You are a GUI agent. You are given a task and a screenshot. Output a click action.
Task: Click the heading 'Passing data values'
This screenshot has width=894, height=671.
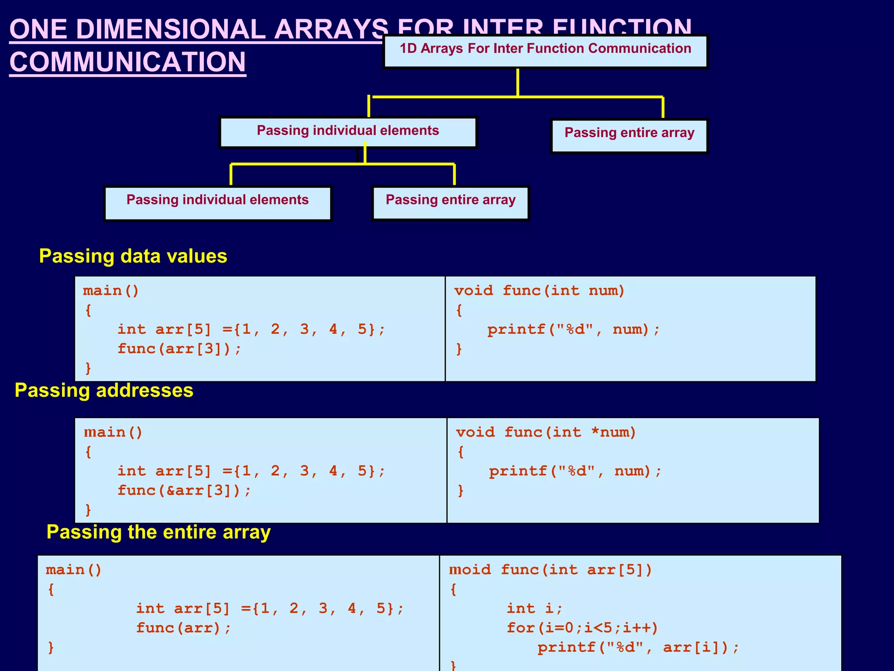point(133,256)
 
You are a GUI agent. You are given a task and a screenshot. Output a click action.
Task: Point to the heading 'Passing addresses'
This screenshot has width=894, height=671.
point(104,390)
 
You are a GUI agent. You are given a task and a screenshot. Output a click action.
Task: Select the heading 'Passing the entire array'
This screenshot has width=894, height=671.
point(158,532)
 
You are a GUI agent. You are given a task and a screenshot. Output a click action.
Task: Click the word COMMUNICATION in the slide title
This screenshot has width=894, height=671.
point(127,62)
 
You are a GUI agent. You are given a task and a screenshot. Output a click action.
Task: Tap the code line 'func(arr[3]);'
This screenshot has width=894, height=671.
point(179,349)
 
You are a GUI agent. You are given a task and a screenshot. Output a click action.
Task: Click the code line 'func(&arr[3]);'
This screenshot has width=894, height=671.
point(184,490)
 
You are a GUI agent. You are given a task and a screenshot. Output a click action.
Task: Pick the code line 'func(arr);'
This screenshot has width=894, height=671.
point(183,628)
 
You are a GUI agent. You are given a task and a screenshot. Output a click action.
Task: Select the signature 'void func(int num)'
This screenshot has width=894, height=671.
point(539,291)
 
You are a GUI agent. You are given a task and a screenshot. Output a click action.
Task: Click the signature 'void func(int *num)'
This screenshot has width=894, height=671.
point(546,432)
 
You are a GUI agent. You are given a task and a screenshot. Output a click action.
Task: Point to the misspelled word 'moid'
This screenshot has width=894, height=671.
point(470,570)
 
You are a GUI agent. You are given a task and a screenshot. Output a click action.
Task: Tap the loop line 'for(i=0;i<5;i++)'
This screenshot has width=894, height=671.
point(582,628)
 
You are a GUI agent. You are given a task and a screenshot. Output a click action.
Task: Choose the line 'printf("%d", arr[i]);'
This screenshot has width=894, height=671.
point(638,647)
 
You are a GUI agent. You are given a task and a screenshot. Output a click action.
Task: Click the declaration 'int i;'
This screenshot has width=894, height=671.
point(535,608)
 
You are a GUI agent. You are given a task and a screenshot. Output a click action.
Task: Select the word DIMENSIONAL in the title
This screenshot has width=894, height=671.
point(170,29)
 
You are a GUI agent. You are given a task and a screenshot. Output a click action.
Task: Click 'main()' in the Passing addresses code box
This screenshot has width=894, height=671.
point(113,432)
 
